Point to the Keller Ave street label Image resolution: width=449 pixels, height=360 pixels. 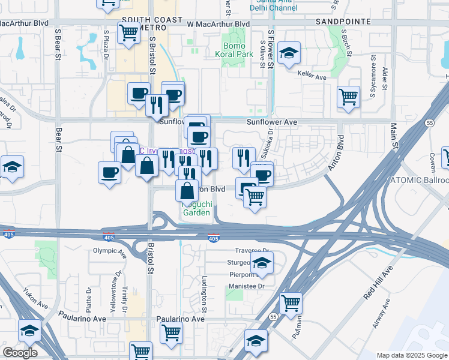tap(312, 77)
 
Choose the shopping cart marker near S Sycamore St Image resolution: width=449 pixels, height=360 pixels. tap(348, 97)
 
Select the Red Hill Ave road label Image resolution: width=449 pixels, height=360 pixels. tap(377, 285)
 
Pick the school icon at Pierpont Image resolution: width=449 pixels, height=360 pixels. tap(261, 262)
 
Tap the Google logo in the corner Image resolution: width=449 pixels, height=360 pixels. tap(20, 352)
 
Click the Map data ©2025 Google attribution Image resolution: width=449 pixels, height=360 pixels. tap(412, 355)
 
